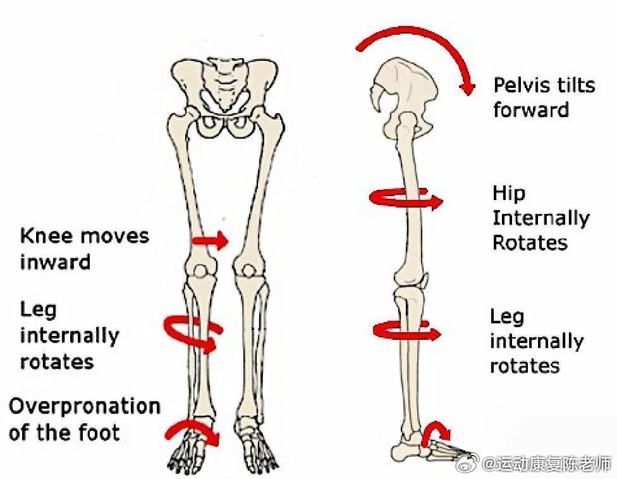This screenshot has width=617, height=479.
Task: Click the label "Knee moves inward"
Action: (85, 248)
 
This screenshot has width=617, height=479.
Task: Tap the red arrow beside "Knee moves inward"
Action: (210, 240)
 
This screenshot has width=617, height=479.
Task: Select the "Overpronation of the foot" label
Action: (84, 419)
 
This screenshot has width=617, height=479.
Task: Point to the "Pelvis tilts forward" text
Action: (544, 97)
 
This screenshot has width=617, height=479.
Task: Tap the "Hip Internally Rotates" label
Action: (541, 218)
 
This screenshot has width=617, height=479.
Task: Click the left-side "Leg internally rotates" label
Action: (69, 335)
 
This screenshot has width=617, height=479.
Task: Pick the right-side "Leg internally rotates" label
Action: (536, 341)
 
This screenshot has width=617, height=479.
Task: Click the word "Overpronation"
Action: (84, 407)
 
